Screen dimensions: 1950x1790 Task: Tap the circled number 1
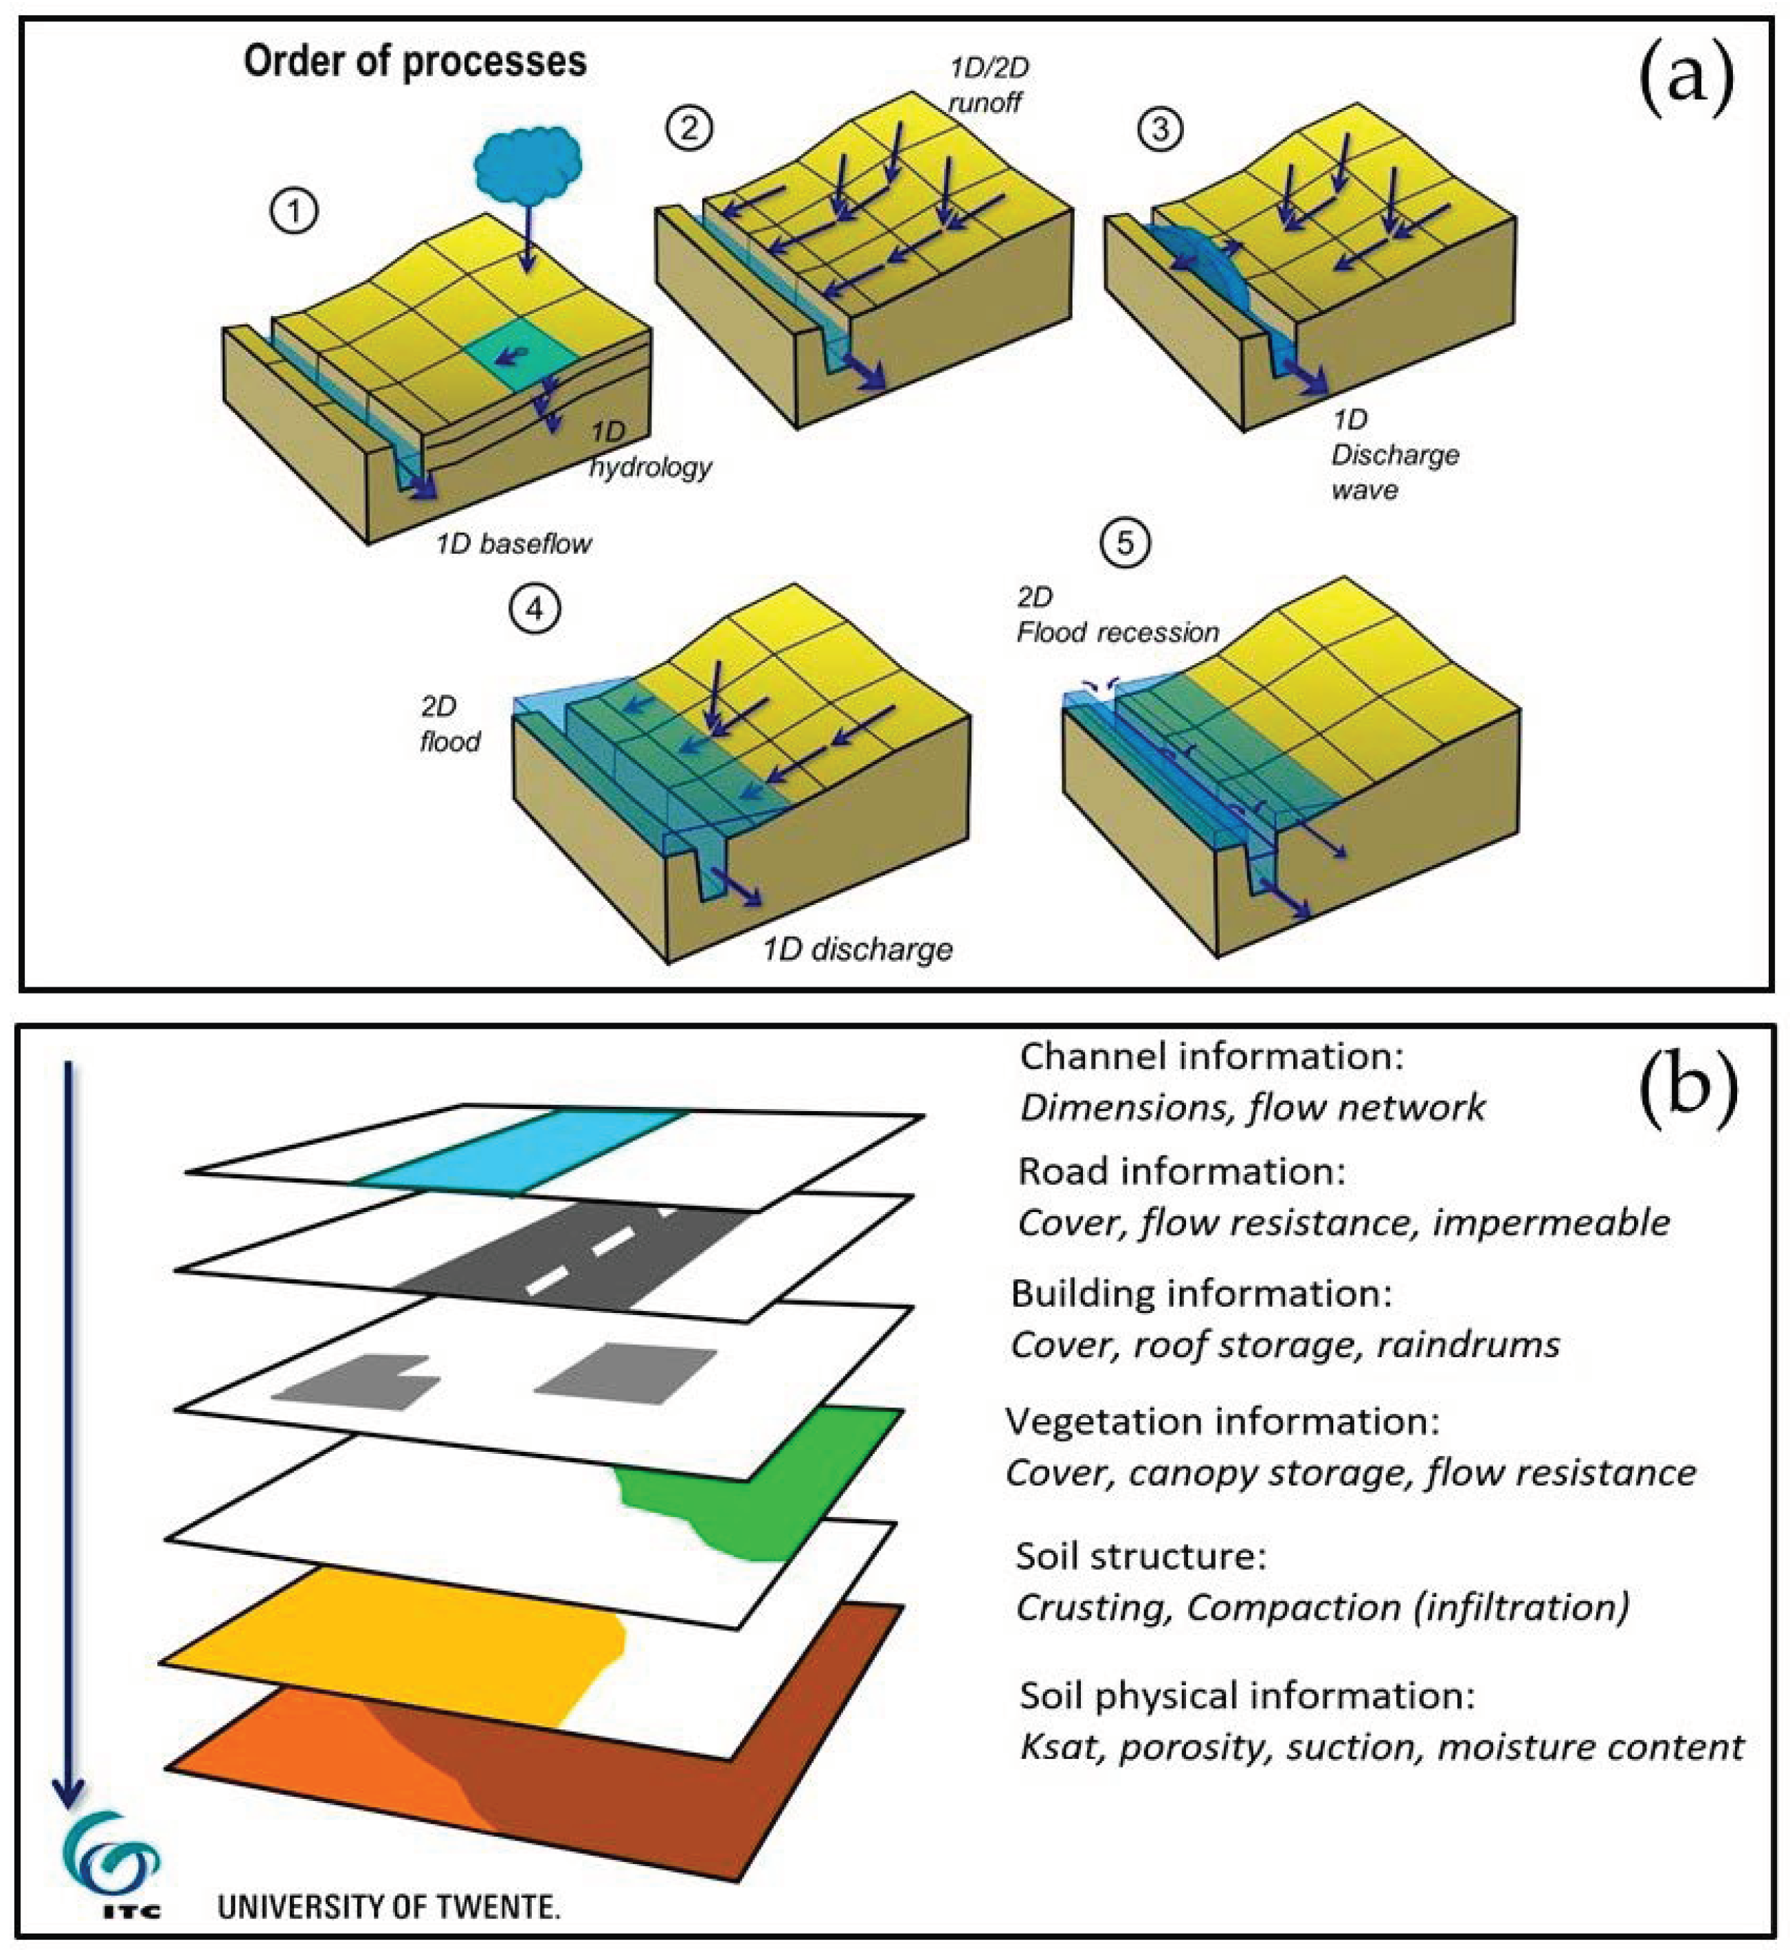[x=295, y=210]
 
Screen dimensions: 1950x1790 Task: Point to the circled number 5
[x=1125, y=543]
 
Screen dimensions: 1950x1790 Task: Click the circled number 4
[x=535, y=609]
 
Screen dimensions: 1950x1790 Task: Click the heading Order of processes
[x=414, y=61]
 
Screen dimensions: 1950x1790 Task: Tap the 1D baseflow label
[x=513, y=543]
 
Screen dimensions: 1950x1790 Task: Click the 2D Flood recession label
[x=1116, y=616]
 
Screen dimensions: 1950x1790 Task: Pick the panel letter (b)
[x=1686, y=1090]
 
